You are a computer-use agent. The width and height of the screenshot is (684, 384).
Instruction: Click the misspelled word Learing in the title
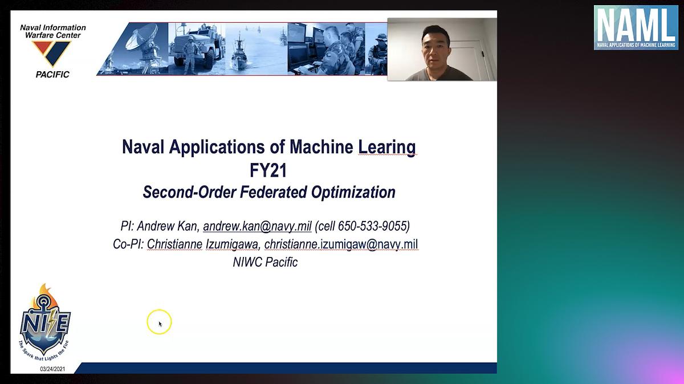click(387, 147)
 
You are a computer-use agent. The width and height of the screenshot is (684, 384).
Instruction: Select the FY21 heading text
click(268, 170)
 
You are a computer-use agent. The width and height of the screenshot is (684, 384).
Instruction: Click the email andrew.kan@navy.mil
click(257, 226)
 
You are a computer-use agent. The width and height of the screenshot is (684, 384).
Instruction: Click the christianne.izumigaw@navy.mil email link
click(341, 244)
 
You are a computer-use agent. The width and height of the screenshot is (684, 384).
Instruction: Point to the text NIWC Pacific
click(265, 262)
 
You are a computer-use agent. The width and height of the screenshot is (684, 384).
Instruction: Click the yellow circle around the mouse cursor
click(159, 322)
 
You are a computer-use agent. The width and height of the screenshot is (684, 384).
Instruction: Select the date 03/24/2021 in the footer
click(52, 369)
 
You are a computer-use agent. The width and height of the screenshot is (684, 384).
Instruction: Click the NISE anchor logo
click(44, 323)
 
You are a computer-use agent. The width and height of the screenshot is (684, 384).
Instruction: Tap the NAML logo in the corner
click(636, 27)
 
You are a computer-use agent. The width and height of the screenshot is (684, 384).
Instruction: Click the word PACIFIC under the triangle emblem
click(52, 75)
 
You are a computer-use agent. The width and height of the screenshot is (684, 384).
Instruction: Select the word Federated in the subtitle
click(273, 193)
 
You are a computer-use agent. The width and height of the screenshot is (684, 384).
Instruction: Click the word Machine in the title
click(321, 147)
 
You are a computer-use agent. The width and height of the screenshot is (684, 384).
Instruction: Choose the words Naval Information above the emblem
click(53, 28)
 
